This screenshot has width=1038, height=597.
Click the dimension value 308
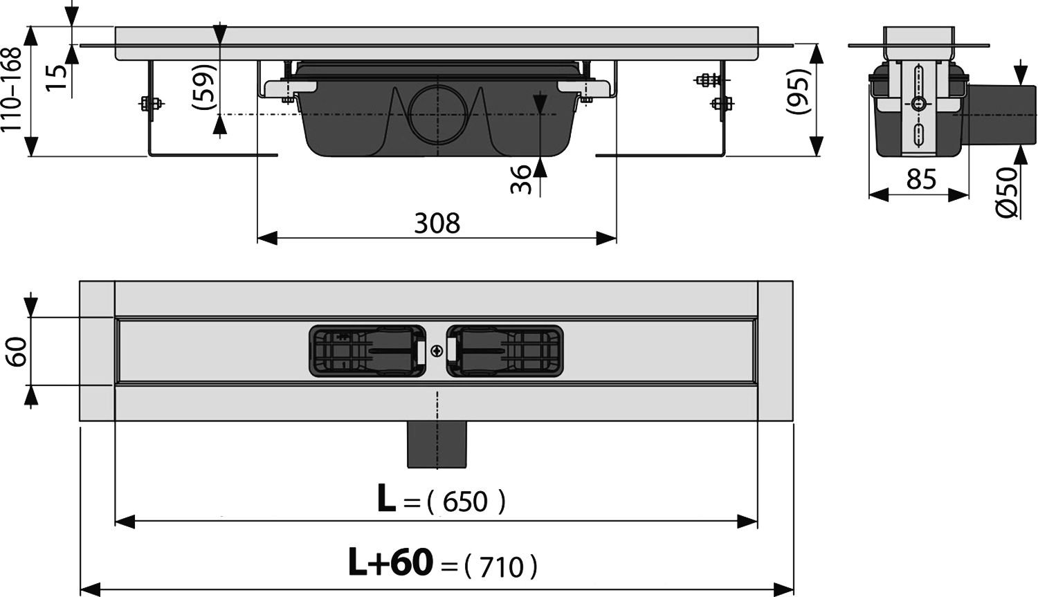(x=437, y=223)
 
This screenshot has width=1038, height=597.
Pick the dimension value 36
(x=524, y=178)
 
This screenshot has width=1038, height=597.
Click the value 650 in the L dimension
(x=466, y=502)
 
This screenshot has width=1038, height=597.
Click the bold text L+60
(x=390, y=562)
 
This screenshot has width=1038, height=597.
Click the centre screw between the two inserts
(x=437, y=351)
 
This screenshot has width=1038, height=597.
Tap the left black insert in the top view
(x=367, y=351)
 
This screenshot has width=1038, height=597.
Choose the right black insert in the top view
(x=504, y=351)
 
